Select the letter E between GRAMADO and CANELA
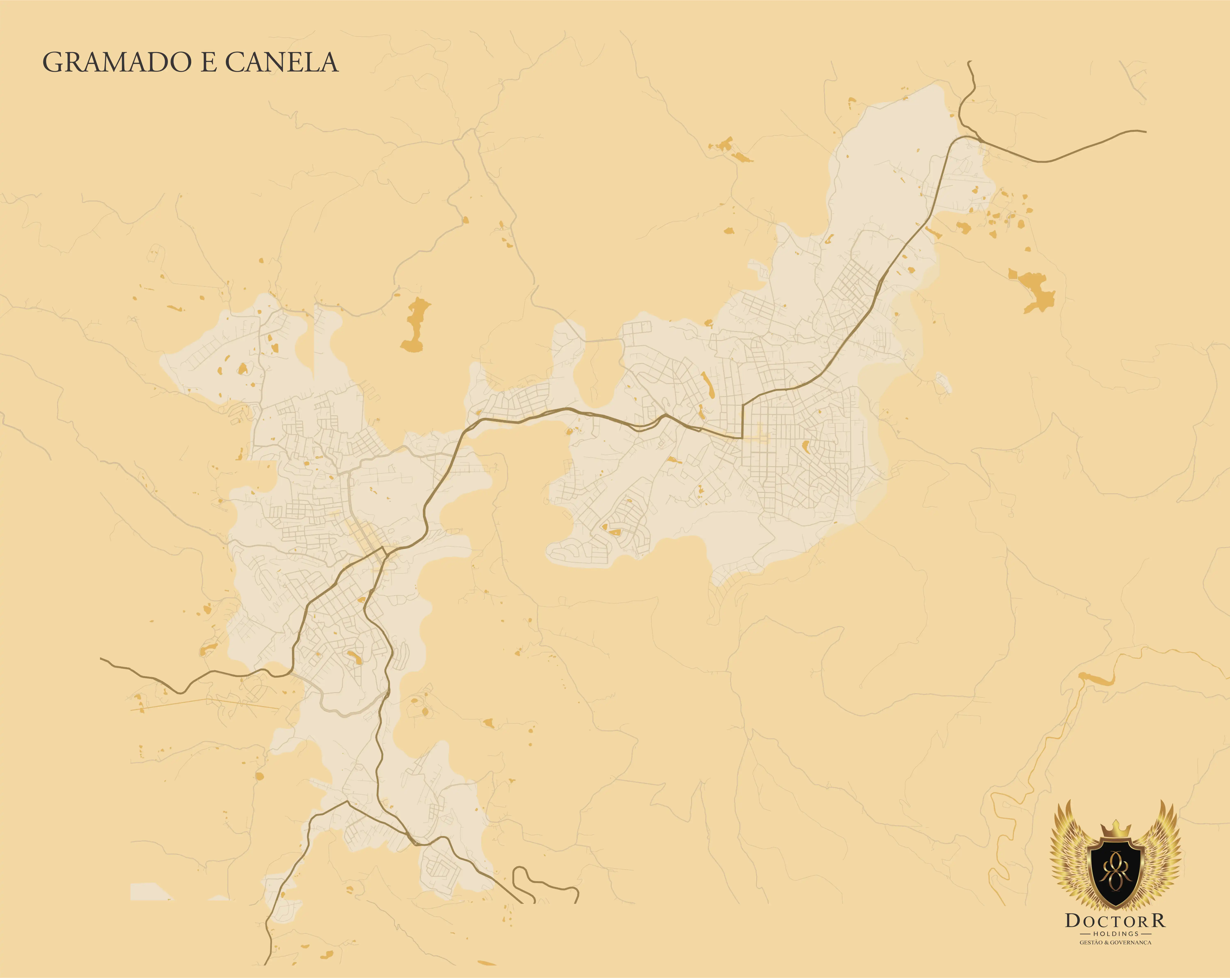point(209,63)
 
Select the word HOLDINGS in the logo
point(1115,933)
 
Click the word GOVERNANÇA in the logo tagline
point(1133,943)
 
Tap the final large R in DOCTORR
point(1158,920)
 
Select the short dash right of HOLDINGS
point(1145,933)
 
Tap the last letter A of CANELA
point(328,63)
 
